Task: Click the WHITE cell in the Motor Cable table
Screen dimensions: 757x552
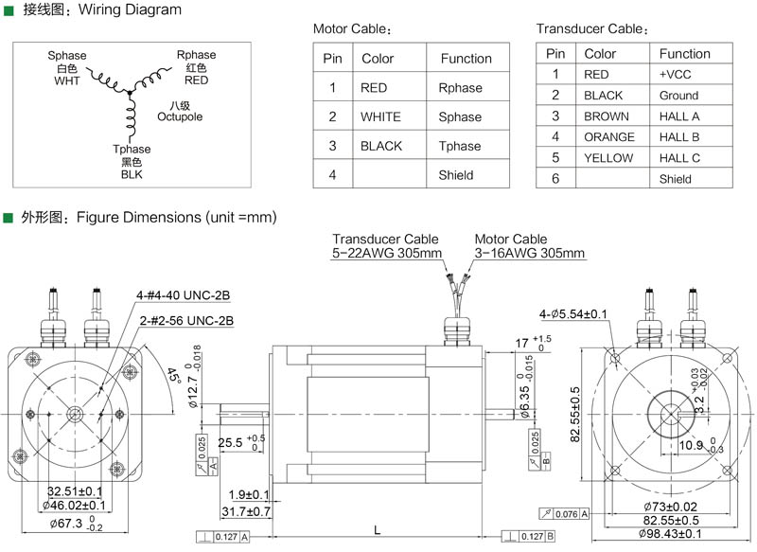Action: tap(380, 116)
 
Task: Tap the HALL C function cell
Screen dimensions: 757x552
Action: tap(679, 158)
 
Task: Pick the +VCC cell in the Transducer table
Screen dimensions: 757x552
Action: tap(675, 75)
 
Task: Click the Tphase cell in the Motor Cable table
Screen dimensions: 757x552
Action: tap(460, 146)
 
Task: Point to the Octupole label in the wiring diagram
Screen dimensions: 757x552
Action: tap(180, 116)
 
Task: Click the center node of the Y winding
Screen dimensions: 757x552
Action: tap(130, 92)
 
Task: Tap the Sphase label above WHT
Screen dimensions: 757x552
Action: tap(66, 56)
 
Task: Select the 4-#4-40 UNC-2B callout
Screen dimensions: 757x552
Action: tap(183, 295)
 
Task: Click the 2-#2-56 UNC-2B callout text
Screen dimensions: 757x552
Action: tap(186, 321)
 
